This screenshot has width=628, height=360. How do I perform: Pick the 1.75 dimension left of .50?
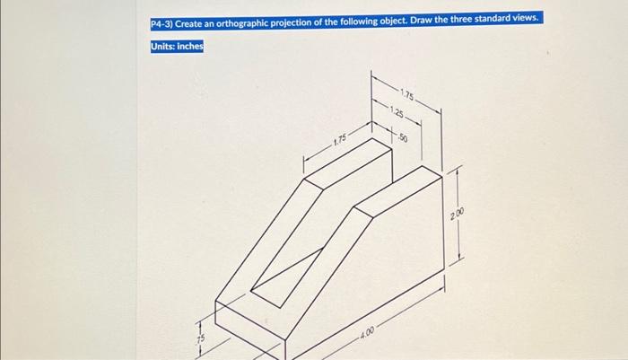[340, 141]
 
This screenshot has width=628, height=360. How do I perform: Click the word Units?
[163, 47]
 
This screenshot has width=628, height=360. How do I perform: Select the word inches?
[191, 47]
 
